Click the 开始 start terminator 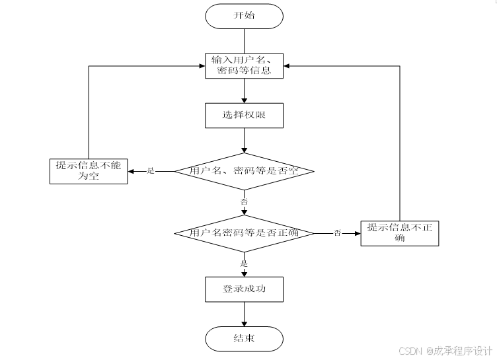[244, 16]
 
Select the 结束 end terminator [244, 339]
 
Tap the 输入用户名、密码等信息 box [244, 65]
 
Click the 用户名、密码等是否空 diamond [244, 171]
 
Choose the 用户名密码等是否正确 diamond [244, 233]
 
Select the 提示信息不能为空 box [89, 170]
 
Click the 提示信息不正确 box [399, 233]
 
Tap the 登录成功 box [244, 289]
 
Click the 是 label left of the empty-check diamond [150, 171]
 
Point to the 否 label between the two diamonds [244, 200]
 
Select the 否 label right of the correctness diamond [337, 233]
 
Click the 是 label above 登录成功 [244, 263]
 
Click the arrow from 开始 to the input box [244, 40]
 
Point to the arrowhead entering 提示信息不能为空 [132, 171]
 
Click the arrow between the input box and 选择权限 [244, 90]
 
